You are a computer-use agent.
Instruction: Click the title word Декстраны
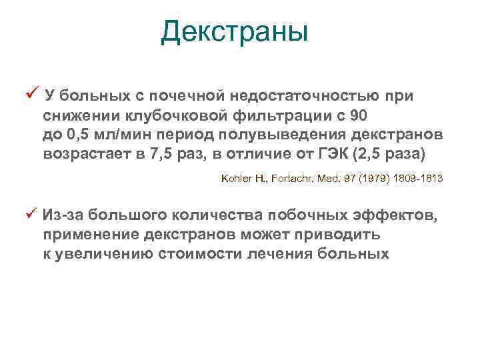pyautogui.click(x=235, y=31)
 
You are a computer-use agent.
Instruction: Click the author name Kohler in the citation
pyautogui.click(x=235, y=179)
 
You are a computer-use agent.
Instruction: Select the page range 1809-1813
pyautogui.click(x=420, y=179)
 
